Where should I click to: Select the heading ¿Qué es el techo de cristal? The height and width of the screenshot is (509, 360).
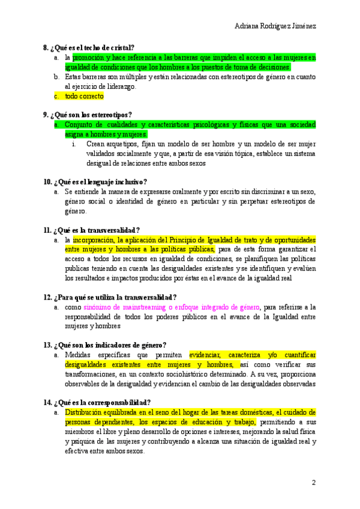tap(92, 47)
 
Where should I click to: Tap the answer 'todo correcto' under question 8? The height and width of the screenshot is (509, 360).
tap(85, 96)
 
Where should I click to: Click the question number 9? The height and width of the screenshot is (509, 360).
tap(46, 115)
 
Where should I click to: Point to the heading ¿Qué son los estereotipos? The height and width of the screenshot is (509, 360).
tap(92, 115)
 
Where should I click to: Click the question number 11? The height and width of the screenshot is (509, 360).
tap(47, 230)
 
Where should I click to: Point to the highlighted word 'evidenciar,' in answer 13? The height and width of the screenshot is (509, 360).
tap(206, 355)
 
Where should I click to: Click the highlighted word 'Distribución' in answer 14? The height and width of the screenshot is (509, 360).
tap(83, 413)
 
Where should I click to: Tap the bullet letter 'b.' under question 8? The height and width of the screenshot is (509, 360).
tap(55, 77)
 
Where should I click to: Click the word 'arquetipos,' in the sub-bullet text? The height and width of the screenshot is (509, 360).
tap(121, 144)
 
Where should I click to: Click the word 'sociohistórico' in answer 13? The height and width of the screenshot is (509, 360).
tap(185, 375)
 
